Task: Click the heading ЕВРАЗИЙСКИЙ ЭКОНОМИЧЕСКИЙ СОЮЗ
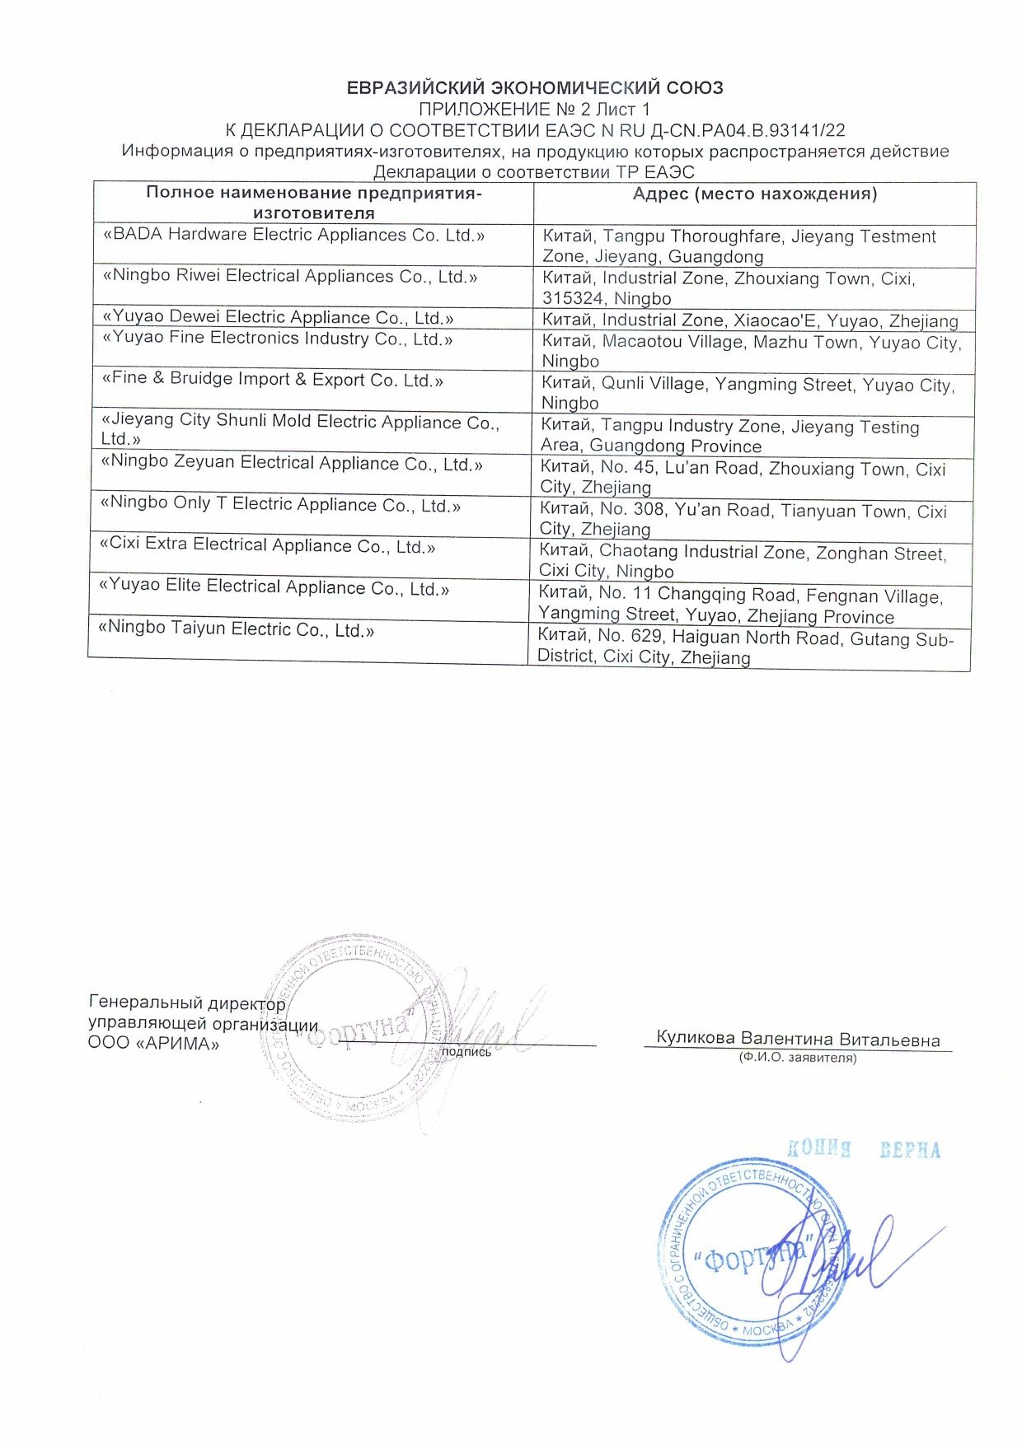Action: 534,87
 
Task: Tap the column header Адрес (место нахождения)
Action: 754,194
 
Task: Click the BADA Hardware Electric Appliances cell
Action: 293,235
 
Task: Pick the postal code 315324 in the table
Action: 573,298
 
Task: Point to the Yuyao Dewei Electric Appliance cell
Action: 278,318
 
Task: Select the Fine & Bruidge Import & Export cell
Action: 272,380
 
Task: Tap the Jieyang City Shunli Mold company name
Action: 300,422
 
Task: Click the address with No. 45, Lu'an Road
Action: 743,477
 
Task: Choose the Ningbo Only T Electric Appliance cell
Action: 280,505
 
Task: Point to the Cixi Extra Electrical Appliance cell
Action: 267,546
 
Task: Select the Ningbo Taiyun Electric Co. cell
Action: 236,630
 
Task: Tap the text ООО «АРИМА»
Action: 154,1044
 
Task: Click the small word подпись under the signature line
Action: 466,1052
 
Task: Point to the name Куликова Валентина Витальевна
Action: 798,1039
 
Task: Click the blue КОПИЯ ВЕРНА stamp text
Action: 863,1149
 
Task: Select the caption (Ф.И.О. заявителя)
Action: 797,1058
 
